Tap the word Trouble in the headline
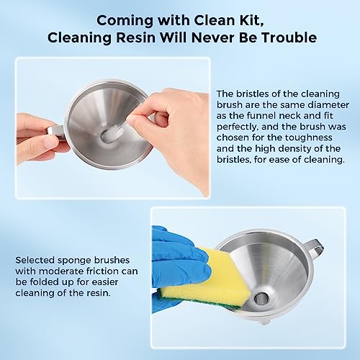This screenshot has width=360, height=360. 289,37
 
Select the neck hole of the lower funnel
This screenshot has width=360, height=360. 261,299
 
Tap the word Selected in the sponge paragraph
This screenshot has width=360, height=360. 35,260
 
